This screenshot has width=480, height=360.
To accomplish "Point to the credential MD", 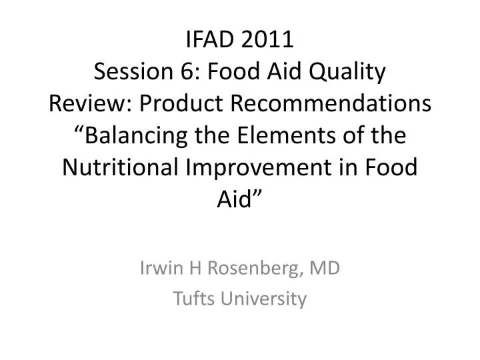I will (x=325, y=268).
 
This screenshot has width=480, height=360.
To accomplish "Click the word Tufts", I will (x=191, y=299).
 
